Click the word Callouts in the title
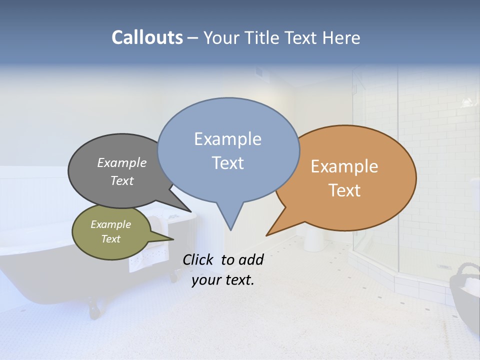[147, 37]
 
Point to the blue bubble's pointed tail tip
[230, 229]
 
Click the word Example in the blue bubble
[227, 139]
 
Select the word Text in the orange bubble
[345, 190]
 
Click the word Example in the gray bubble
[122, 162]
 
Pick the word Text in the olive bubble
[110, 239]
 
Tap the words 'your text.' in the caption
[223, 280]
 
